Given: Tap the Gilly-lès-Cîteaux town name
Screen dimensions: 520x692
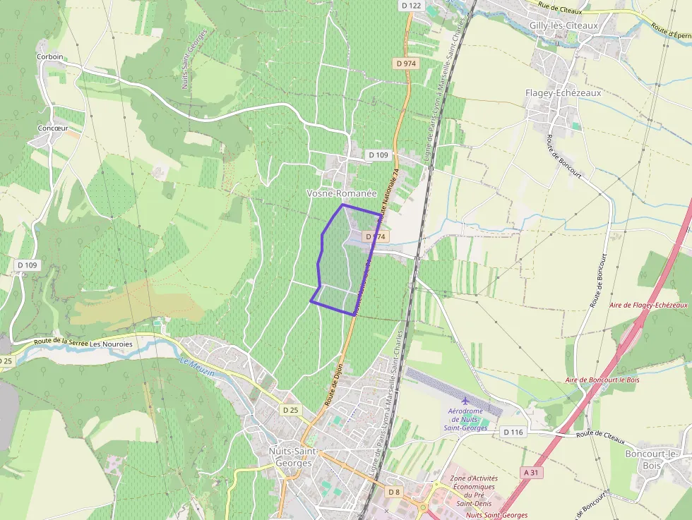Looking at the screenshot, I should [563, 26].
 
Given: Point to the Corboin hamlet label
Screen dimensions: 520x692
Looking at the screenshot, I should [49, 56].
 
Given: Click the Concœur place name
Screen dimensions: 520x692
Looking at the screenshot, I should [52, 128].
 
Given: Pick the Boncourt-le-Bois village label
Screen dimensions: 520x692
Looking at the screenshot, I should [652, 459].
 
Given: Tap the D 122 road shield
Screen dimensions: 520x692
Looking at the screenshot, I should [410, 6].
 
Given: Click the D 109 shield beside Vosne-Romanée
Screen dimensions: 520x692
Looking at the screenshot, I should [378, 155].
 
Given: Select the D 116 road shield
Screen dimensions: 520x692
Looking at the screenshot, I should [513, 431].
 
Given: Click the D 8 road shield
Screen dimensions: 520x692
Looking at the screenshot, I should [394, 491].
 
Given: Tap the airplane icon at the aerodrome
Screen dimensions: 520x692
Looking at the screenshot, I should [465, 401].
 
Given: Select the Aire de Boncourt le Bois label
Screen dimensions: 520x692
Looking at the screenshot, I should [602, 380].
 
